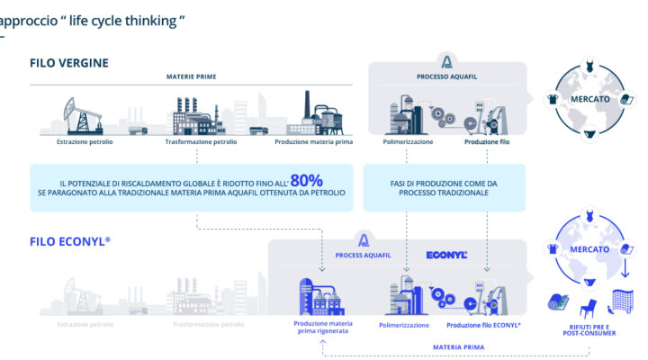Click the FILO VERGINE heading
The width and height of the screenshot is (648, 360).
[x=69, y=63]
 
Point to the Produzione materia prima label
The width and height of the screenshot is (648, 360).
[x=313, y=142]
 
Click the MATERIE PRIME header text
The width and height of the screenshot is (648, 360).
[x=192, y=76]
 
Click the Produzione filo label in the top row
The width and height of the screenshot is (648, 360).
[x=489, y=142]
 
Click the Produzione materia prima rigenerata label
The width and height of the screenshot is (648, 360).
[x=321, y=327]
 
